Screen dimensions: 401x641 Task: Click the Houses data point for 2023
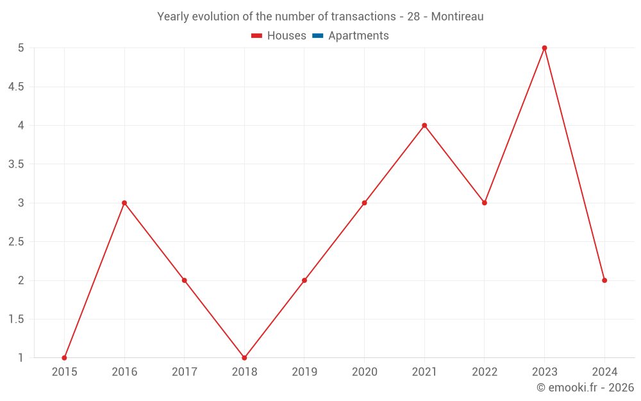point(544,48)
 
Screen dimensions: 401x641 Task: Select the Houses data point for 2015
point(64,357)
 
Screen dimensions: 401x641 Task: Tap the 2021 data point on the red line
point(424,125)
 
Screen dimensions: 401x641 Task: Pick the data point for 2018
point(244,357)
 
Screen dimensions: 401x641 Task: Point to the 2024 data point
point(604,280)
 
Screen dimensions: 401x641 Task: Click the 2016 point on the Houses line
point(124,203)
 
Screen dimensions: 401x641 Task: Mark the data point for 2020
point(364,203)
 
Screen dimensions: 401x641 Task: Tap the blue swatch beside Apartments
point(317,36)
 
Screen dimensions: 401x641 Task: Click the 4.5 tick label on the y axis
point(15,87)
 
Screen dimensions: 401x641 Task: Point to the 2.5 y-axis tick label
point(15,242)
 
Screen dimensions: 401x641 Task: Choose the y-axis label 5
point(21,48)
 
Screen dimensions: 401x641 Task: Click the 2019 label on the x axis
point(304,371)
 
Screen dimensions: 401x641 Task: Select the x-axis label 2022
point(485,371)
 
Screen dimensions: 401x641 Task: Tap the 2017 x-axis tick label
point(184,371)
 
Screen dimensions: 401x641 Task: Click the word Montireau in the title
point(457,17)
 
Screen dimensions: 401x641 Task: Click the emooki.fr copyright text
point(585,388)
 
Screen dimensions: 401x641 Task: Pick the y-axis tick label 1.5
point(15,319)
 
